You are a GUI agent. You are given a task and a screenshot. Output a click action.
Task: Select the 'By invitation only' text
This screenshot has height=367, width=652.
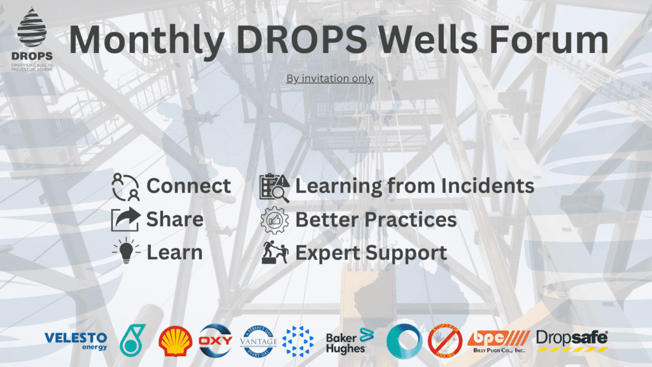329,78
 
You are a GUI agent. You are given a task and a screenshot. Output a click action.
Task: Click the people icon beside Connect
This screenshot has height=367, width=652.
125,186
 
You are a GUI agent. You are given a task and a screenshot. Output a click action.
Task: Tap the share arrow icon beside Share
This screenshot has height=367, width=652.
125,219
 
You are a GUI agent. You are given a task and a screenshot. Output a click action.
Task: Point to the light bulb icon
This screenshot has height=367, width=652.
125,252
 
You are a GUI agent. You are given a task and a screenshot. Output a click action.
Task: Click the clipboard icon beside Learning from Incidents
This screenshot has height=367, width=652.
274,186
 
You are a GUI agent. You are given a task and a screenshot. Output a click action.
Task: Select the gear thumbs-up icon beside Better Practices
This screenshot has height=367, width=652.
274,219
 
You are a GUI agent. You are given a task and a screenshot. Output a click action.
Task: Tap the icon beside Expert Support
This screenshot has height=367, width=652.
274,252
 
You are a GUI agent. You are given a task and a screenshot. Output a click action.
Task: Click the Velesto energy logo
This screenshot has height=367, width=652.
75,341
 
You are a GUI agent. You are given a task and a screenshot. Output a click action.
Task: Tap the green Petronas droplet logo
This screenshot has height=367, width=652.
133,340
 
